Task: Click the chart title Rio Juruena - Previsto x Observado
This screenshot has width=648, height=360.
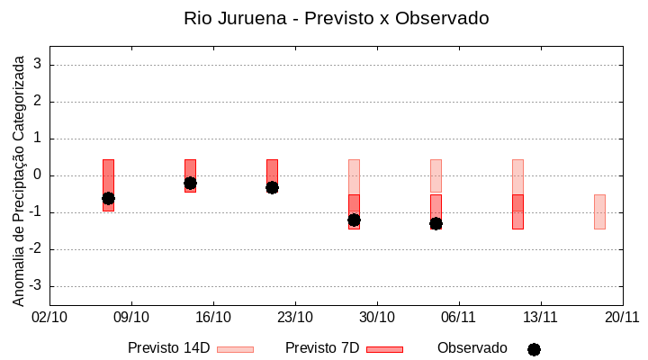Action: (337, 18)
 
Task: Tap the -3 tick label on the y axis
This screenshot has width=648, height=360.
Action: (36, 286)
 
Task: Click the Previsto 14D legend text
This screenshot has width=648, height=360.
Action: (168, 348)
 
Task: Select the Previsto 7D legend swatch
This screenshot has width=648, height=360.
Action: (384, 349)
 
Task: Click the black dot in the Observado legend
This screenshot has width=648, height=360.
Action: (534, 349)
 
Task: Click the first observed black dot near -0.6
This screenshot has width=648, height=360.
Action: (108, 198)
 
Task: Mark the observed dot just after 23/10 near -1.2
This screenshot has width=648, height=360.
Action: (354, 220)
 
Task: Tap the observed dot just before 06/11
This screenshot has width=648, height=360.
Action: (436, 223)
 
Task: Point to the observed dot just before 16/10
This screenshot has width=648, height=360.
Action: (190, 183)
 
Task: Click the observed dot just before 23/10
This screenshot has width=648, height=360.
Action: (272, 187)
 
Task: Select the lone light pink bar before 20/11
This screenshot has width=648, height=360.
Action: (599, 211)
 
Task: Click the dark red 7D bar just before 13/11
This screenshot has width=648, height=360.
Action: (517, 212)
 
